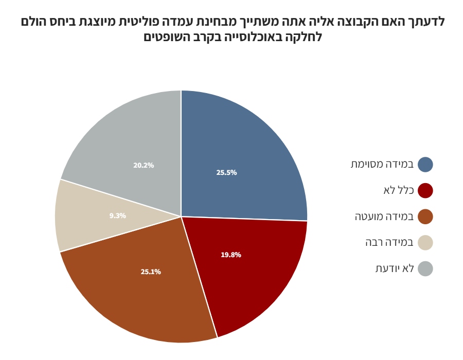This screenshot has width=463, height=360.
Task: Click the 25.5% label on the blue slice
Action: pyautogui.click(x=226, y=173)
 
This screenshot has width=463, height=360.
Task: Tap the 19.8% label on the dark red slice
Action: pyautogui.click(x=231, y=255)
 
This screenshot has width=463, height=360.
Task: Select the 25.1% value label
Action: pyautogui.click(x=151, y=272)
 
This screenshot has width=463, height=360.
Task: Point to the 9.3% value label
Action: pyautogui.click(x=117, y=215)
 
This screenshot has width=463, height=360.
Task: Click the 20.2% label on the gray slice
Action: pyautogui.click(x=144, y=165)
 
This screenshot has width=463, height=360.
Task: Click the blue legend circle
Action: pyautogui.click(x=425, y=165)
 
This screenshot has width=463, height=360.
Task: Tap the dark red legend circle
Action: pyautogui.click(x=425, y=190)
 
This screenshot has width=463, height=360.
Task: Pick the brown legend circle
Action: pyautogui.click(x=425, y=217)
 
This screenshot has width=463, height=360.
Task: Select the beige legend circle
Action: pyautogui.click(x=425, y=243)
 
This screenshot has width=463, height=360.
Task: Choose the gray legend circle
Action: pyautogui.click(x=425, y=268)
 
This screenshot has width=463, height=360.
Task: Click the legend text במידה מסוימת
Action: pyautogui.click(x=382, y=165)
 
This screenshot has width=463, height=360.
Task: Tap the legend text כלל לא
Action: pyautogui.click(x=399, y=190)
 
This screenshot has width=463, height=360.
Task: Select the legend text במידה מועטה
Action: pyautogui.click(x=384, y=217)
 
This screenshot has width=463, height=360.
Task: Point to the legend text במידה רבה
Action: pyautogui.click(x=389, y=243)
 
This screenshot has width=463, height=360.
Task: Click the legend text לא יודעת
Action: pyautogui.click(x=395, y=268)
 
